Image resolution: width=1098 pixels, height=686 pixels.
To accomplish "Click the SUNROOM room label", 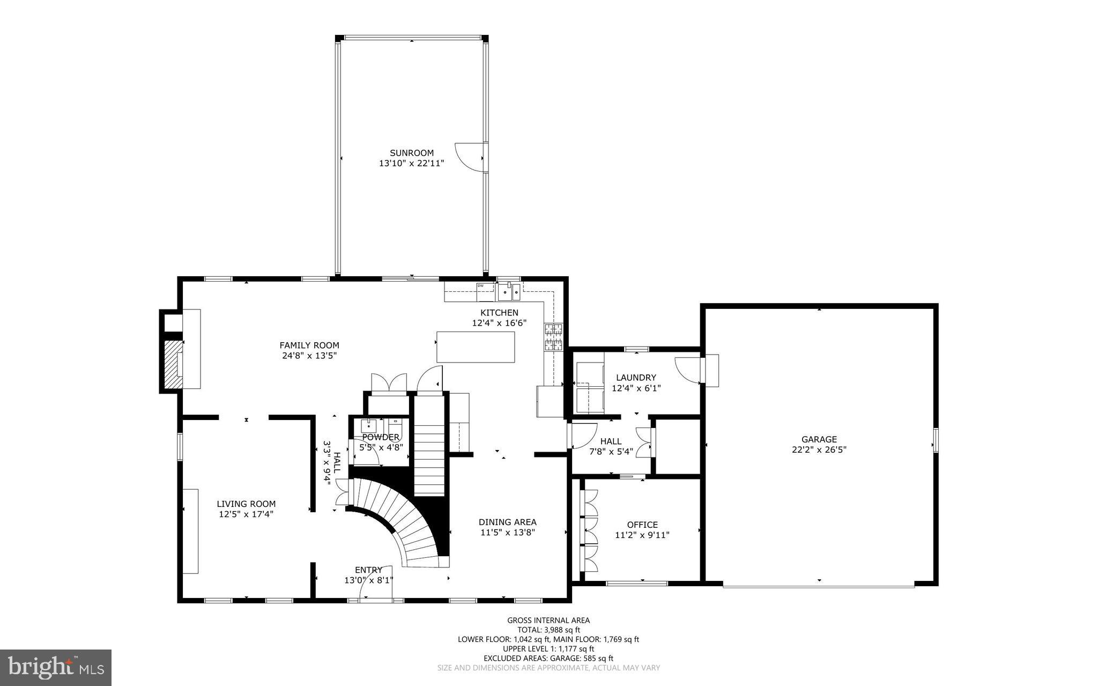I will (x=411, y=153).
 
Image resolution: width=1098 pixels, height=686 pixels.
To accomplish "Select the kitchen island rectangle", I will (x=476, y=347).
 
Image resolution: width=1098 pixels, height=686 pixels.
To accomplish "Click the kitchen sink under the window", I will (x=508, y=293).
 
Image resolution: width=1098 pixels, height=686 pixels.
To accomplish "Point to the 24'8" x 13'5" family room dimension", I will (x=309, y=355).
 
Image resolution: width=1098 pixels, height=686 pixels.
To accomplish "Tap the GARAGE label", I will (x=819, y=439).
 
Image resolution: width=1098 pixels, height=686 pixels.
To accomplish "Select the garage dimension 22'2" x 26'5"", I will (x=819, y=449).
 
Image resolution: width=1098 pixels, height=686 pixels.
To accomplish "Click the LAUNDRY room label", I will (x=636, y=378).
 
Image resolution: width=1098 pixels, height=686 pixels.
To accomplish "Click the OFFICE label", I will (x=642, y=525).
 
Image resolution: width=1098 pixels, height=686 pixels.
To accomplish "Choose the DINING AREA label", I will (x=507, y=522).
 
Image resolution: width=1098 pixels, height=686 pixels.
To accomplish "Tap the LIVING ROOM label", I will (x=246, y=504).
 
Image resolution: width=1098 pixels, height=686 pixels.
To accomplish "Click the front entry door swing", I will (x=376, y=585).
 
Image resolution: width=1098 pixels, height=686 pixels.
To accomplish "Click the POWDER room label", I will (x=381, y=437).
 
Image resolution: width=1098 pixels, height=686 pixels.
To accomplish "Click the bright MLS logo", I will (x=56, y=667).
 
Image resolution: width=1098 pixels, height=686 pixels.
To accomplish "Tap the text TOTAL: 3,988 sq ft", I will (x=548, y=630).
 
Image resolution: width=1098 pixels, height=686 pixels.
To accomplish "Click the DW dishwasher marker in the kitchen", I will (x=481, y=286).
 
